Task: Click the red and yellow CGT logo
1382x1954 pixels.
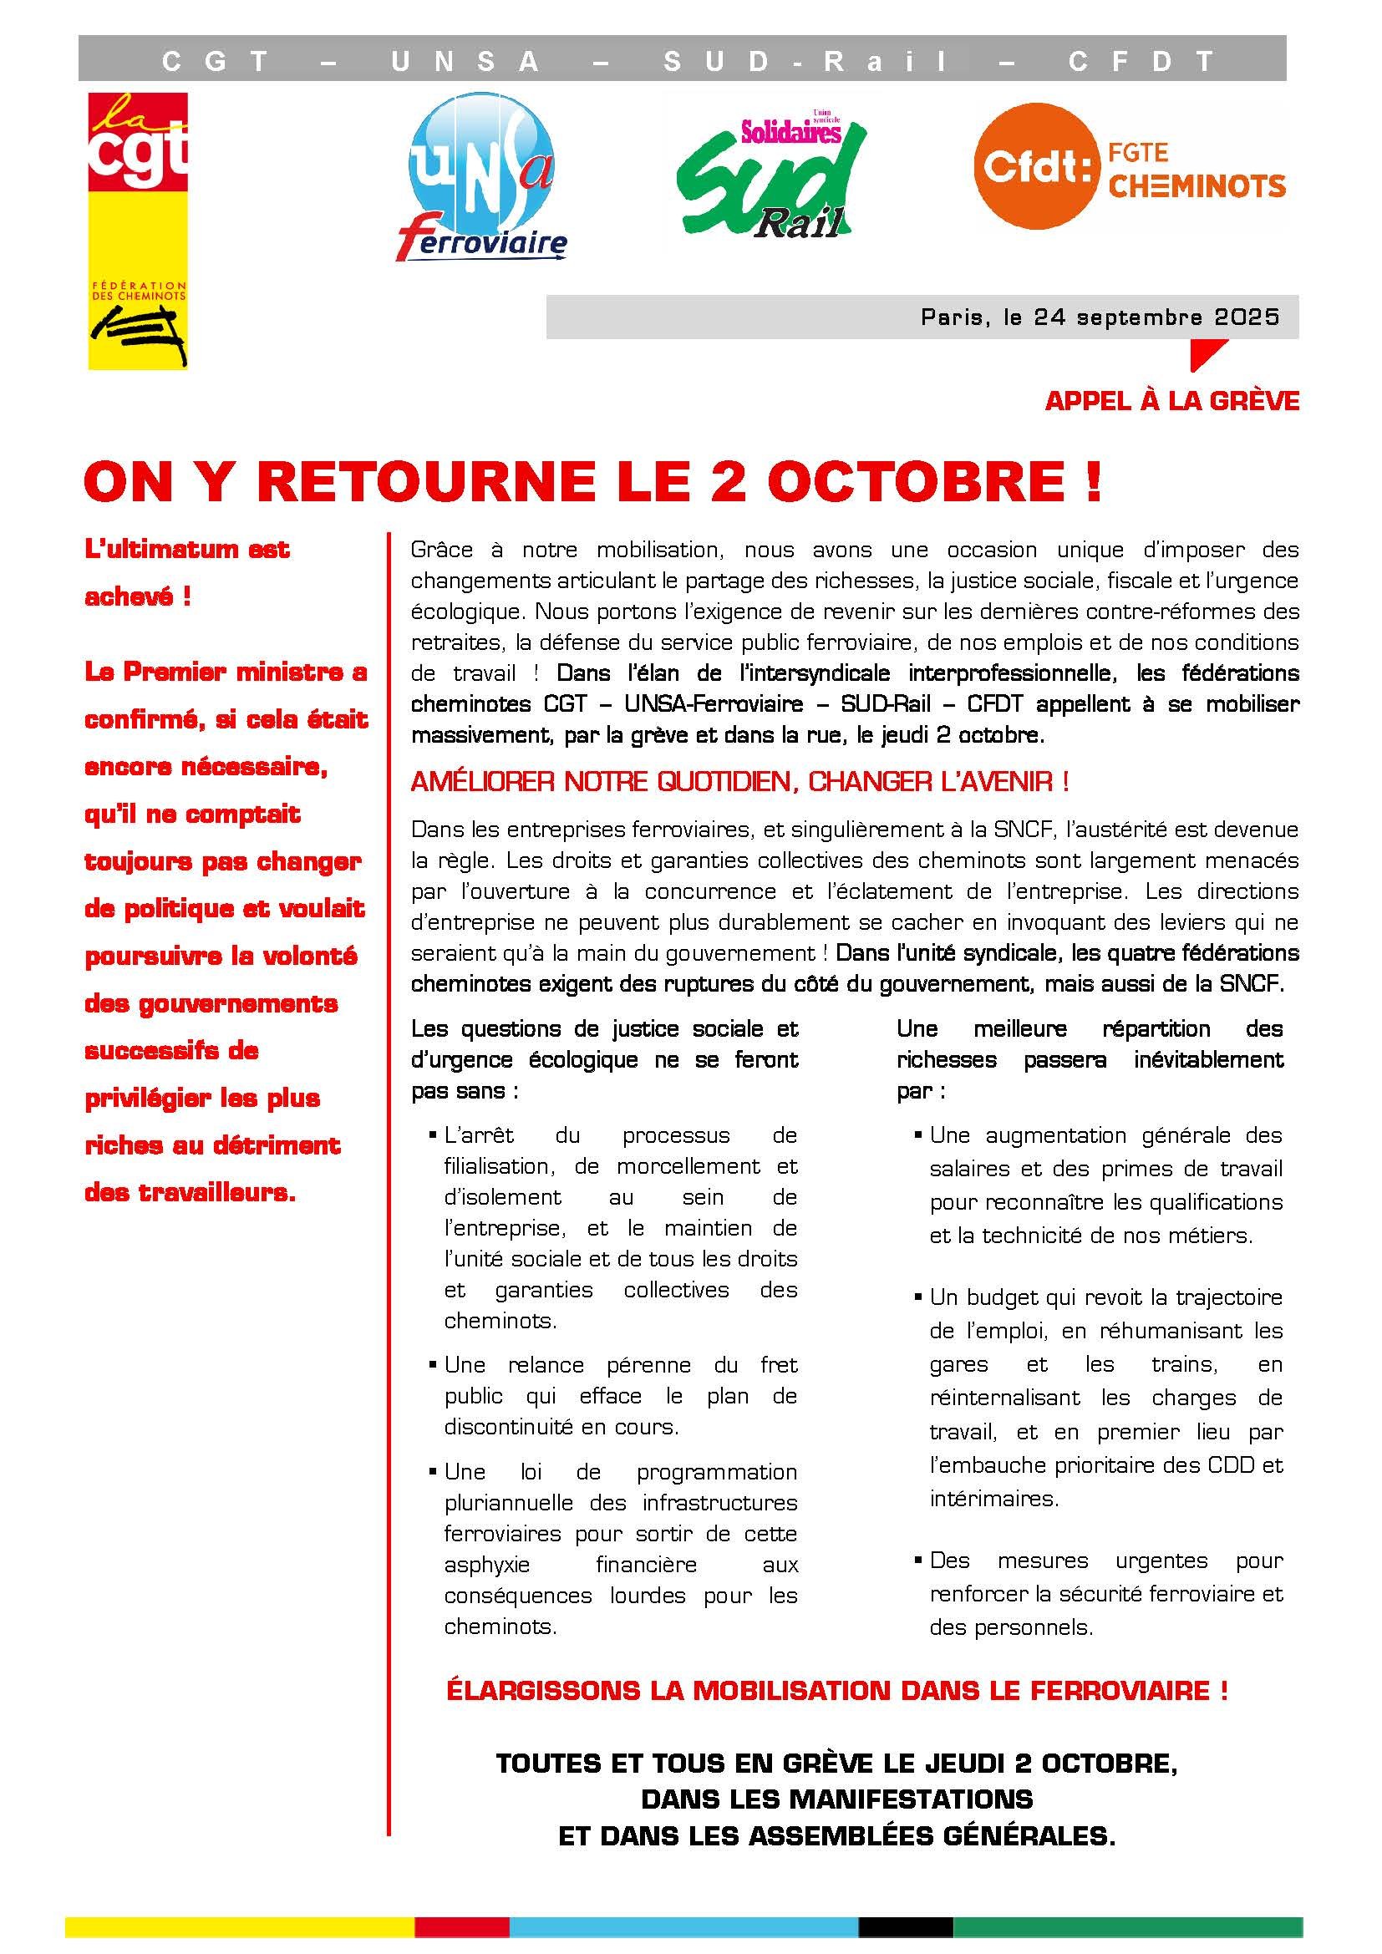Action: pyautogui.click(x=138, y=230)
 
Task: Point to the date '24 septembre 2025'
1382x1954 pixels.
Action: pyautogui.click(x=1156, y=317)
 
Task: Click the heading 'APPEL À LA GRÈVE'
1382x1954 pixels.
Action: pyautogui.click(x=1171, y=401)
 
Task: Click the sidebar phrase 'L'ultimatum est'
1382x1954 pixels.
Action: pyautogui.click(x=187, y=549)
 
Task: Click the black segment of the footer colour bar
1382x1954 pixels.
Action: pyautogui.click(x=906, y=1926)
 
